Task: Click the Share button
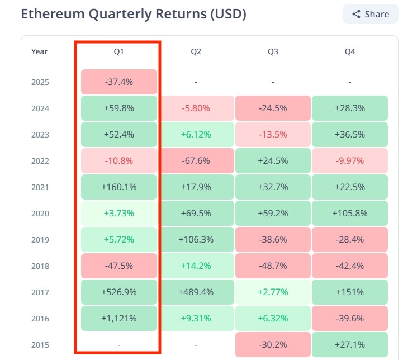coord(371,14)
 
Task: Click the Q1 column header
coord(119,51)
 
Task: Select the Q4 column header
coord(349,51)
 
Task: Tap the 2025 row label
coord(40,82)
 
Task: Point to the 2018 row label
coord(40,266)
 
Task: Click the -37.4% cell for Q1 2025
coord(119,82)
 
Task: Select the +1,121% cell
coord(119,319)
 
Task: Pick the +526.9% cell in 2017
coord(119,292)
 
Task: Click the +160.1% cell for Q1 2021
coord(119,187)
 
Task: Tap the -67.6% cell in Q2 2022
coord(196,161)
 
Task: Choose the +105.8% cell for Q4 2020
coord(349,214)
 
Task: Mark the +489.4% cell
coord(196,292)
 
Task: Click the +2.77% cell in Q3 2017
coord(273,292)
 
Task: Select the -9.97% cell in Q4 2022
coord(349,161)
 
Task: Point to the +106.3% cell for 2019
coord(196,240)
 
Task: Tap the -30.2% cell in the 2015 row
coord(273,345)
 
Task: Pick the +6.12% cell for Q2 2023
coord(196,135)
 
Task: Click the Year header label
coord(40,51)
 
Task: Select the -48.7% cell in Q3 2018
coord(273,266)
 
